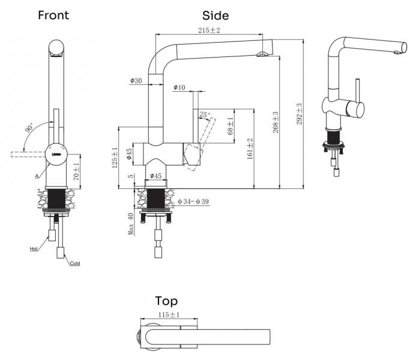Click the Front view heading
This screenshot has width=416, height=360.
(x=53, y=15)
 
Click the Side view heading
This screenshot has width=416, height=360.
(x=216, y=16)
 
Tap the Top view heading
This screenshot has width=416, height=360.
(x=166, y=301)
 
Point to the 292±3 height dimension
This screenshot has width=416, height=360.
(x=298, y=112)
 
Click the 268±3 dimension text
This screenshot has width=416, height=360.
(x=276, y=122)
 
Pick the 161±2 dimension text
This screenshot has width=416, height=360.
(x=250, y=148)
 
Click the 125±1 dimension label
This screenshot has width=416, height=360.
(x=115, y=157)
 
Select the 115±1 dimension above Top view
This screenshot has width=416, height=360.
(x=169, y=314)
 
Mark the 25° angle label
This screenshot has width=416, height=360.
(x=205, y=114)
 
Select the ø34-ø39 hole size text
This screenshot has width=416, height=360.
(x=193, y=200)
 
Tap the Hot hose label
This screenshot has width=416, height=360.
(x=34, y=248)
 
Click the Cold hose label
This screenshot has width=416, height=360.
(x=74, y=263)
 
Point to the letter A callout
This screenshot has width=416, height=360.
(x=36, y=176)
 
